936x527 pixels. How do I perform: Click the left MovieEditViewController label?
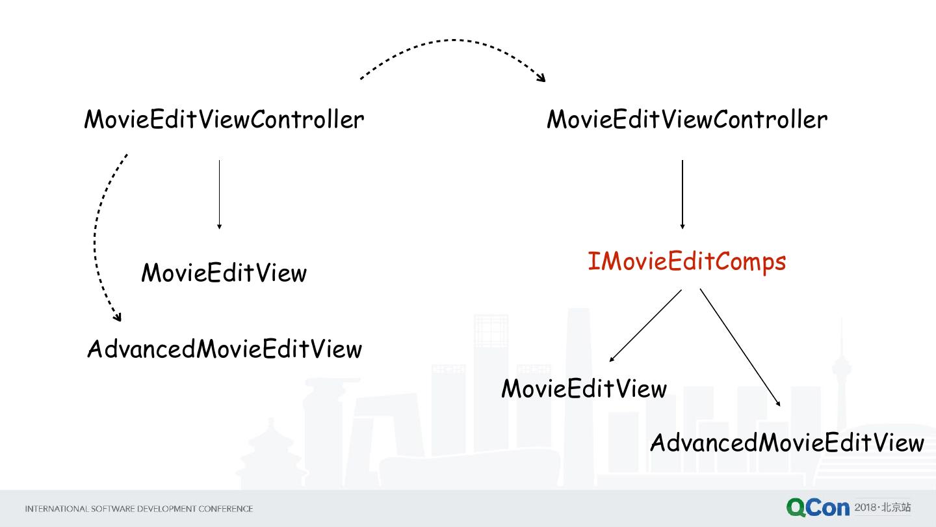click(x=224, y=120)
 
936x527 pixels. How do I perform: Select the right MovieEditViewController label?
click(x=687, y=120)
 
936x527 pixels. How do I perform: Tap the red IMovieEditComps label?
click(x=686, y=262)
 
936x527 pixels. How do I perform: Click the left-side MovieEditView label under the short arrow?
click(x=224, y=273)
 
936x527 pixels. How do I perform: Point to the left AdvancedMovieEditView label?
click(x=224, y=349)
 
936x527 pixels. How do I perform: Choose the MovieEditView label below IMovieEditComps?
click(x=584, y=389)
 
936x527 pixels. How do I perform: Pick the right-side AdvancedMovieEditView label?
click(x=786, y=443)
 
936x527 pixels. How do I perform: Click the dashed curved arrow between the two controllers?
click(x=453, y=42)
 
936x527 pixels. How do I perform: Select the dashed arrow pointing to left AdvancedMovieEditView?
click(x=97, y=234)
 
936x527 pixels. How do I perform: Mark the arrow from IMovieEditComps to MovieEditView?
click(x=645, y=325)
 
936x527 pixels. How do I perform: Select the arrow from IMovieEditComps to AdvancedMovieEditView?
click(x=740, y=347)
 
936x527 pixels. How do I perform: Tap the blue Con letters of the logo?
click(x=827, y=508)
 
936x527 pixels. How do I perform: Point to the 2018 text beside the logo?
click(x=865, y=507)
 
